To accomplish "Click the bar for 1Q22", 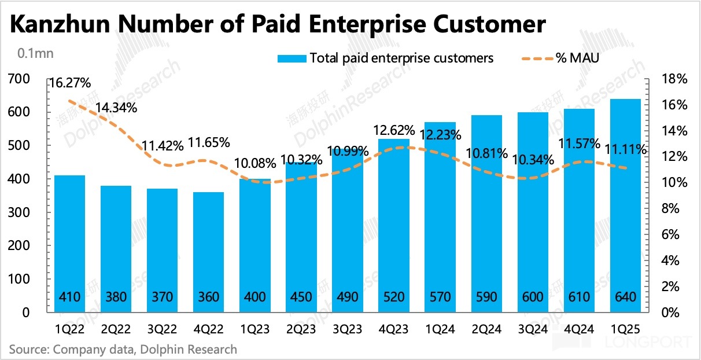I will pos(70,243).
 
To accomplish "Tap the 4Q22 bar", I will pos(209,252).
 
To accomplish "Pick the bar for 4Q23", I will pos(394,226).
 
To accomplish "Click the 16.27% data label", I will pos(71,83).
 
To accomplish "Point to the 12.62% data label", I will pos(394,130).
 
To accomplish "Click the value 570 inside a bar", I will pos(441,297).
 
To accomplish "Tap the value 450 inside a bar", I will pos(301,297).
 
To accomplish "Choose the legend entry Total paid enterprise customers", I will pos(385,58).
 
